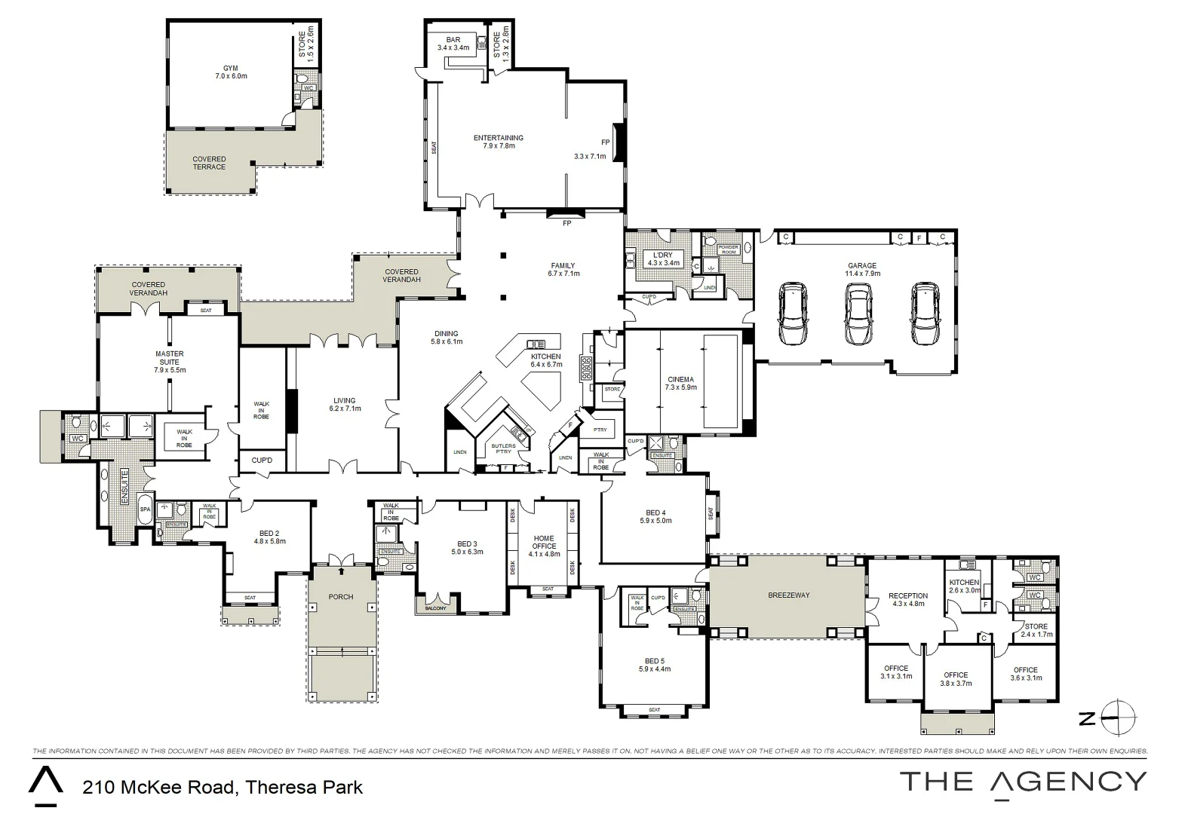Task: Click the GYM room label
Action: click(230, 72)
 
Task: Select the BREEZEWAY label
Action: click(788, 595)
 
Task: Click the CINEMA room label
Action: click(680, 384)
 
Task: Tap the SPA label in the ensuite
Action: click(145, 510)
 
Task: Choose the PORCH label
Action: click(341, 597)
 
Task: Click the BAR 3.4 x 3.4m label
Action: click(453, 44)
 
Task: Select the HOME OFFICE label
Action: click(544, 543)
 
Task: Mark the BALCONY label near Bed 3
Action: click(435, 607)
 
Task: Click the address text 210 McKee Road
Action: click(223, 788)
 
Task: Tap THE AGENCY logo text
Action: click(1023, 782)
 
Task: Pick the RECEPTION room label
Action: click(907, 600)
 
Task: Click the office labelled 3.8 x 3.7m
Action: click(955, 680)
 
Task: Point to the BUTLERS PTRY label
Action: click(503, 449)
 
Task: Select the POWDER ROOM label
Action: click(728, 249)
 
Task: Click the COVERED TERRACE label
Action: click(209, 163)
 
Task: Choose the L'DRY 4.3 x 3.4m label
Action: click(663, 259)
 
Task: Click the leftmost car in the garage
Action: click(792, 314)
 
